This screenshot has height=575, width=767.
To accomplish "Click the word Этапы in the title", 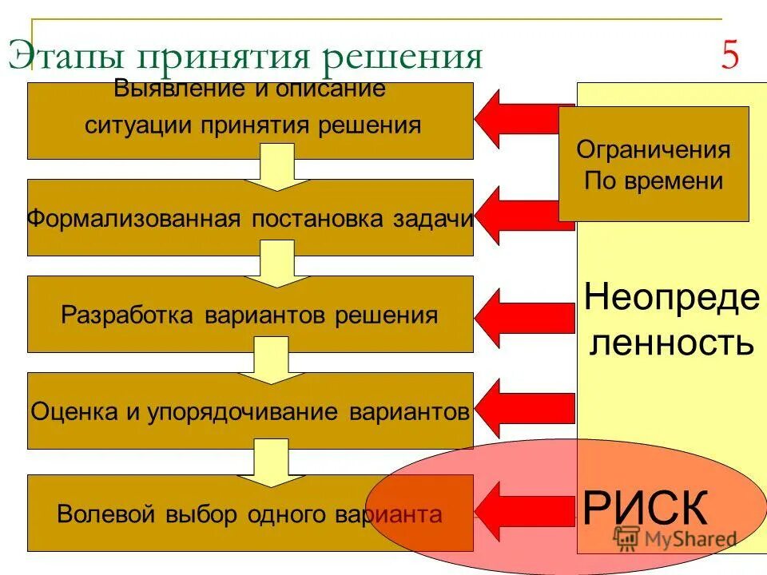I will pyautogui.click(x=66, y=57).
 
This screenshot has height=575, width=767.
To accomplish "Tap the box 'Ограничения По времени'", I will pyautogui.click(x=654, y=164).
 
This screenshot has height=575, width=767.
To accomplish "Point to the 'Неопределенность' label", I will pyautogui.click(x=671, y=320).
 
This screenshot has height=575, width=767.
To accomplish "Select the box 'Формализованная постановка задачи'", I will pyautogui.click(x=250, y=218).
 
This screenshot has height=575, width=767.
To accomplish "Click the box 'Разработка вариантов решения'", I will pyautogui.click(x=250, y=314).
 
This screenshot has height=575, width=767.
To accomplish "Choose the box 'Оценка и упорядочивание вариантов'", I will pyautogui.click(x=250, y=411).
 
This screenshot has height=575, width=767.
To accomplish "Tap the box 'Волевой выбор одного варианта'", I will pyautogui.click(x=250, y=514).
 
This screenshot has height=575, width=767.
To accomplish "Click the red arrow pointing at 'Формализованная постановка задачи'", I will pyautogui.click(x=523, y=214).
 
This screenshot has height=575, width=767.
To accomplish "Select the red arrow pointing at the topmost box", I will pyautogui.click(x=523, y=119).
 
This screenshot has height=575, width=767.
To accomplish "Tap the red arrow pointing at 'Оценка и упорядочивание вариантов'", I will pyautogui.click(x=523, y=407).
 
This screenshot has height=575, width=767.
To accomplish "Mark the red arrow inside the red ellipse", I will pyautogui.click(x=523, y=510).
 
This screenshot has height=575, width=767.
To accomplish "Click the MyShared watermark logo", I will pyautogui.click(x=675, y=537).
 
